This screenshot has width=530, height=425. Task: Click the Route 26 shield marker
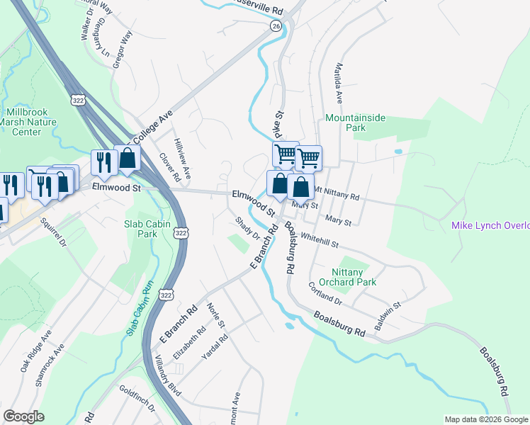(276, 25)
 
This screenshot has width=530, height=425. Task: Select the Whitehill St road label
(320, 241)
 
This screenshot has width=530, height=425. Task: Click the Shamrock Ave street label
(51, 365)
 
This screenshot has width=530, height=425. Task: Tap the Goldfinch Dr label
(137, 409)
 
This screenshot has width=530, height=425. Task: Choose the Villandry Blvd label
(163, 376)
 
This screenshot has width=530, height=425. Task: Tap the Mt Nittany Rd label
(337, 193)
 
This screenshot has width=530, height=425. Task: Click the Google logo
(23, 416)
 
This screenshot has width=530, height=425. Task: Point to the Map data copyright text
(485, 419)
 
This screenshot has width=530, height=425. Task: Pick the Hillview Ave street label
(182, 159)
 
